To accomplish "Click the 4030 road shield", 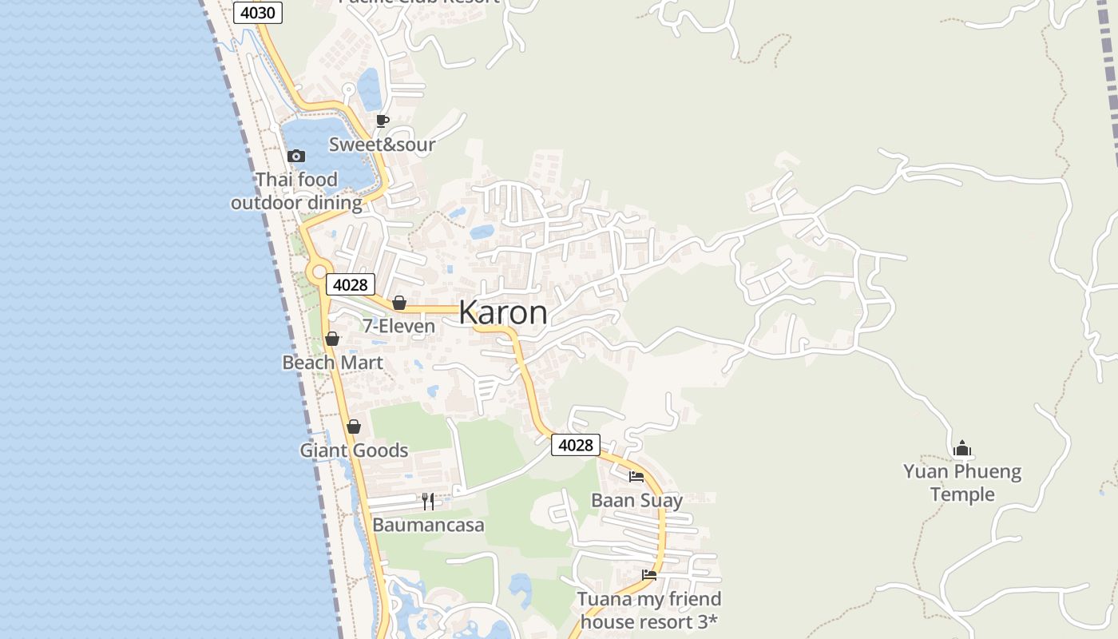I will click(257, 13).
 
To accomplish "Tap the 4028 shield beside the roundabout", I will click(350, 284).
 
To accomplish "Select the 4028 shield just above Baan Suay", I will click(575, 445).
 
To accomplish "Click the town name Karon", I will click(503, 312).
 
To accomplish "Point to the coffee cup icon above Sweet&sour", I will click(383, 121).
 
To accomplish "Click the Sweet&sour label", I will click(382, 145).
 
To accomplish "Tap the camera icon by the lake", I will click(296, 156).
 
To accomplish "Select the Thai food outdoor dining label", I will click(296, 191).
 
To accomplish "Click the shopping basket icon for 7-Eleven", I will click(399, 303).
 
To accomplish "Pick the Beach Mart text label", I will click(332, 363).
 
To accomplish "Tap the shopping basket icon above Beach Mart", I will click(332, 339).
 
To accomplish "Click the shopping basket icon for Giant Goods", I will click(354, 427).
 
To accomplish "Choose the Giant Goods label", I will click(354, 450).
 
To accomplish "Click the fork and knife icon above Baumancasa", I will click(428, 502).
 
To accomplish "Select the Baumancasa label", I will click(428, 526).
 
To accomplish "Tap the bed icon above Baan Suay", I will click(636, 477).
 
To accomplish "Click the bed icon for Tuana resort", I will click(649, 575).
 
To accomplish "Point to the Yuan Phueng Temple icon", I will click(962, 448).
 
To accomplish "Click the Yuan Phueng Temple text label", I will click(962, 482).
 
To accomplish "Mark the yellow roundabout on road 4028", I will click(319, 272).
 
